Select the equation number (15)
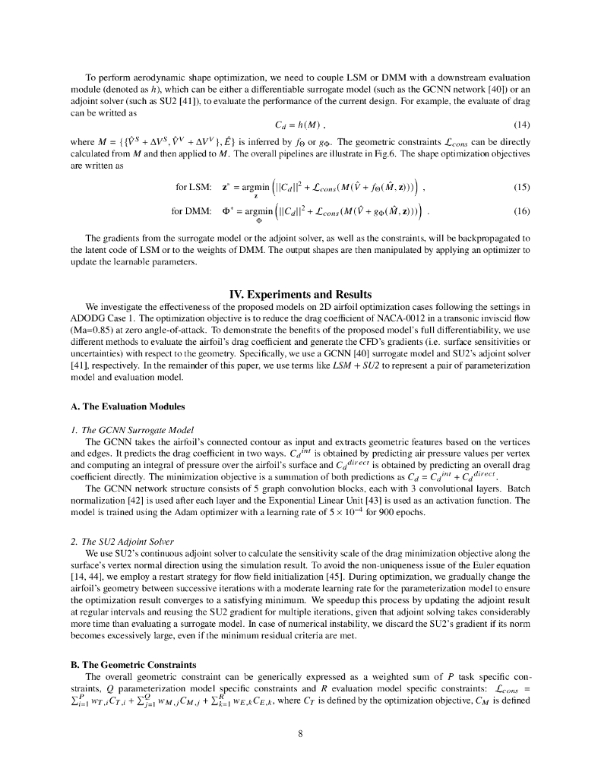point(521,187)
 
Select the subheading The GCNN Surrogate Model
point(130,430)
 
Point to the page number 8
point(300,734)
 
